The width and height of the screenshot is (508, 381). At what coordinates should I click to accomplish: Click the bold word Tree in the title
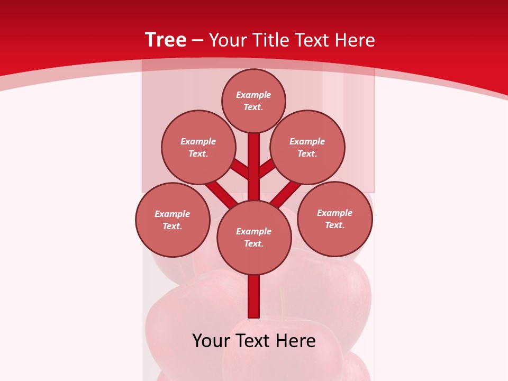pyautogui.click(x=166, y=40)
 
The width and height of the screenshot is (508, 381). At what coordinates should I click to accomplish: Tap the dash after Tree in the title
pyautogui.click(x=197, y=40)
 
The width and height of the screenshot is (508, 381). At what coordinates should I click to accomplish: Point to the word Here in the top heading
pyautogui.click(x=355, y=40)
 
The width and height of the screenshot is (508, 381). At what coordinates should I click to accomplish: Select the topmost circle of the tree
pyautogui.click(x=253, y=101)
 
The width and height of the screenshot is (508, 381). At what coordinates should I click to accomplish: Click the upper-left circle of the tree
pyautogui.click(x=198, y=147)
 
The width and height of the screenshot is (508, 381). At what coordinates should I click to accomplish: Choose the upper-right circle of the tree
pyautogui.click(x=307, y=147)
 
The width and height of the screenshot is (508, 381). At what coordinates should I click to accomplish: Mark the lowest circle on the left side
pyautogui.click(x=173, y=220)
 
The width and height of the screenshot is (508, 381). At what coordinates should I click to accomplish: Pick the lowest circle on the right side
pyautogui.click(x=335, y=219)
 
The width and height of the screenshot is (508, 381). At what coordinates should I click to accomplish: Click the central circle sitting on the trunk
pyautogui.click(x=254, y=238)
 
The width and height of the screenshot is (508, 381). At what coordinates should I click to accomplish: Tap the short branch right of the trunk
pyautogui.click(x=267, y=168)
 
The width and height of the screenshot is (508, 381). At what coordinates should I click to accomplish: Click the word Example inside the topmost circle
pyautogui.click(x=253, y=95)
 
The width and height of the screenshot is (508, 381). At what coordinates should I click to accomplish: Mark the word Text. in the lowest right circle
pyautogui.click(x=334, y=225)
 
